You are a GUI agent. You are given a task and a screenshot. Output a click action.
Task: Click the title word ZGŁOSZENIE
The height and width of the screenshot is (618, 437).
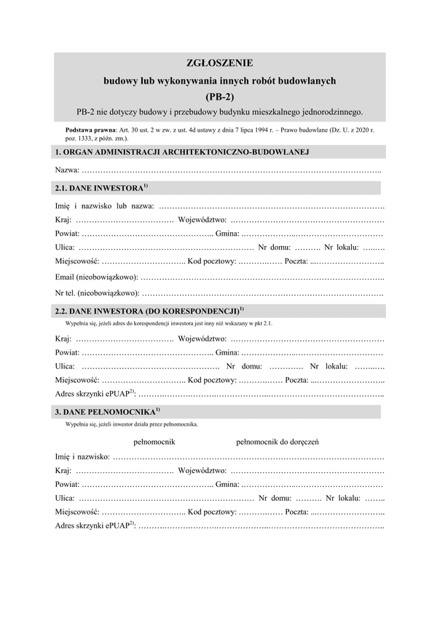[x=219, y=64]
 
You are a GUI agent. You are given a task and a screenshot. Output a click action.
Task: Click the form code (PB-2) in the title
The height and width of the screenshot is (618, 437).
[x=219, y=95]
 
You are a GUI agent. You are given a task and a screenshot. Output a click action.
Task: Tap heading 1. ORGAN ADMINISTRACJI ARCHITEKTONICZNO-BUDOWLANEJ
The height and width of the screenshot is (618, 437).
[x=183, y=151]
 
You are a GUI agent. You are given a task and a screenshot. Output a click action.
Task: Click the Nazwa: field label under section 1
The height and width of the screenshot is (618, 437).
[x=68, y=170]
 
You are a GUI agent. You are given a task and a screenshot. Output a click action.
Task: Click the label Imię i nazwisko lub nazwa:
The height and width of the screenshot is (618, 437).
[x=105, y=207]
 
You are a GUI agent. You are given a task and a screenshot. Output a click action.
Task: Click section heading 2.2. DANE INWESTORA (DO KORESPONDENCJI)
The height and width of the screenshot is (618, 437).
[x=149, y=312]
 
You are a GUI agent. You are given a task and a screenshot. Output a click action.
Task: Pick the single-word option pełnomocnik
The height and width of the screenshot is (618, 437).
[x=154, y=441]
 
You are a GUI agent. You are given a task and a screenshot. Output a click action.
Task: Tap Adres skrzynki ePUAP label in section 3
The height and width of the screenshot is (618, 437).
[x=95, y=528]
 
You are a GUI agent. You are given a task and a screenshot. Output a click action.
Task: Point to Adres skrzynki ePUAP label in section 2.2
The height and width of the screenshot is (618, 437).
[x=95, y=395]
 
